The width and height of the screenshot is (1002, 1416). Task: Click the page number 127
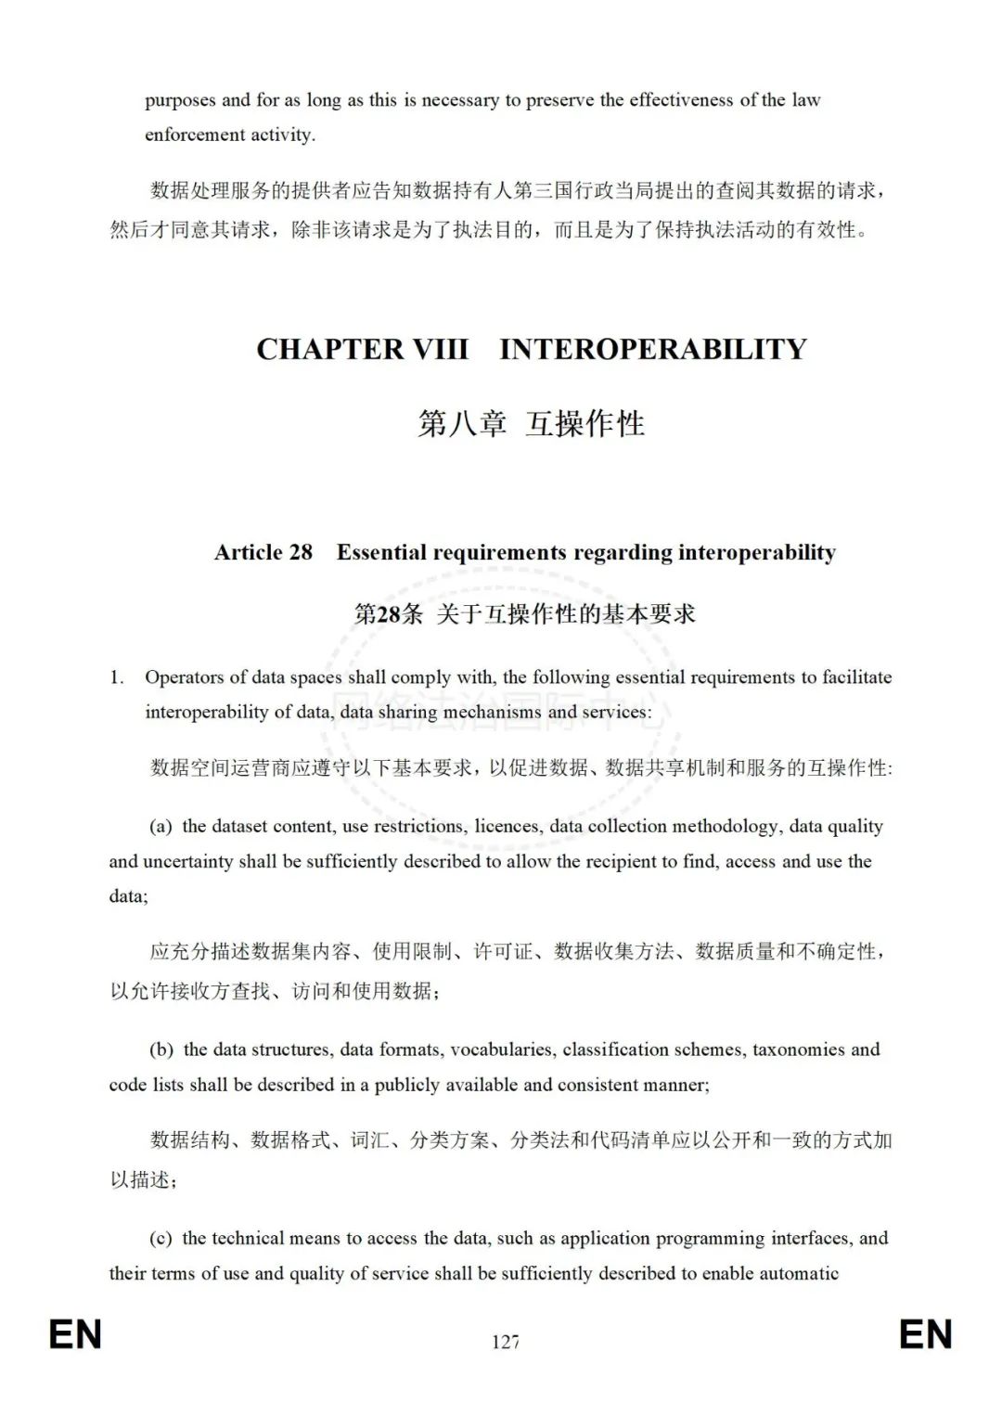pos(506,1342)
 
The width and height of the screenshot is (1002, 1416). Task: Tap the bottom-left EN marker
pos(75,1335)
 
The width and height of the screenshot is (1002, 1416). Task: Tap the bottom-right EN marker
pos(925,1335)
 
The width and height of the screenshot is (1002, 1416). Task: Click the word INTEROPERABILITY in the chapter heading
pos(653,349)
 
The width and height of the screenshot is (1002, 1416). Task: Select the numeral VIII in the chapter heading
pos(440,349)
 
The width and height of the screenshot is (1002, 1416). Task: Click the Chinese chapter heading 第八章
pos(462,424)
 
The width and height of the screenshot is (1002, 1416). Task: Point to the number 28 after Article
pos(301,552)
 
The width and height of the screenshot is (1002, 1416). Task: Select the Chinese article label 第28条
pos(389,613)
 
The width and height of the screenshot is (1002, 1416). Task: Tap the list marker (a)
pos(161,827)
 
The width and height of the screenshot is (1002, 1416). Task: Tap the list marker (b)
pos(161,1049)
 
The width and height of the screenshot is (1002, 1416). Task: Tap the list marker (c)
pos(161,1238)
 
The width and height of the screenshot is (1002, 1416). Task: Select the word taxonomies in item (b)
pos(798,1049)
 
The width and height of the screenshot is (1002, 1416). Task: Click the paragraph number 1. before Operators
pos(117,677)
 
